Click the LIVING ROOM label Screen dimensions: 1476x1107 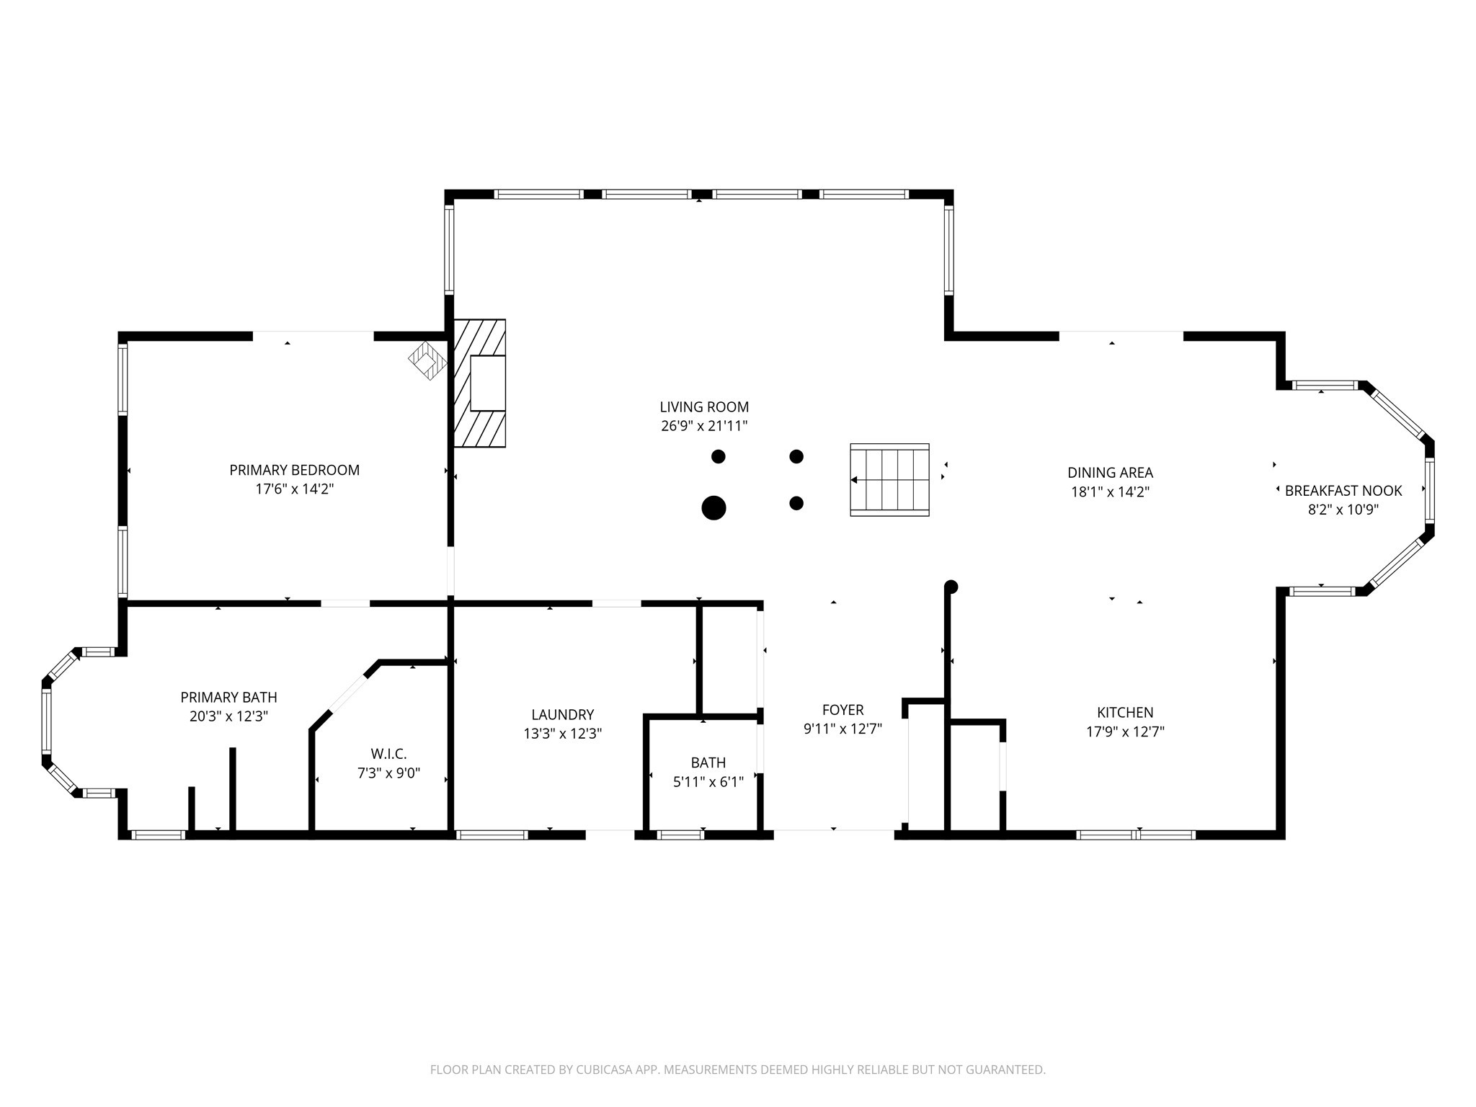pos(704,407)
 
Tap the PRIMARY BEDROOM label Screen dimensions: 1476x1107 pos(294,471)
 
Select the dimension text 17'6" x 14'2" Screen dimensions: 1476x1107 pos(294,489)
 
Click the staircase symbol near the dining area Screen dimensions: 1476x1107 pos(889,479)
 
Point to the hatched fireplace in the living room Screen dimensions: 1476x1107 pos(479,383)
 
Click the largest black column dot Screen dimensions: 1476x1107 pos(713,507)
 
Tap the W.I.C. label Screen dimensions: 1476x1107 pos(389,754)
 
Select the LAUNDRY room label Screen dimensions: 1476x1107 pos(563,715)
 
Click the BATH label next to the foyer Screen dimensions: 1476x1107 pos(708,763)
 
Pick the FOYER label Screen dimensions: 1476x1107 pos(843,710)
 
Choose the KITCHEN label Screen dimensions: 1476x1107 pos(1125,713)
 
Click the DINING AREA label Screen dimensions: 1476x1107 pos(1110,473)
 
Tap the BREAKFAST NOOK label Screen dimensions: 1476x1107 pos(1343,491)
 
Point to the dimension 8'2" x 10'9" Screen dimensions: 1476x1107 pos(1343,510)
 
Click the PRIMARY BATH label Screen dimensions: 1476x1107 pos(228,698)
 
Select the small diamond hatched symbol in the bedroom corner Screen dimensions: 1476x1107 pos(428,360)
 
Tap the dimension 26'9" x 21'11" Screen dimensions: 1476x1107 pos(704,426)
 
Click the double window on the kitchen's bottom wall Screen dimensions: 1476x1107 pos(1136,835)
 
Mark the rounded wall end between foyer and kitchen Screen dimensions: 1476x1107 pos(951,587)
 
